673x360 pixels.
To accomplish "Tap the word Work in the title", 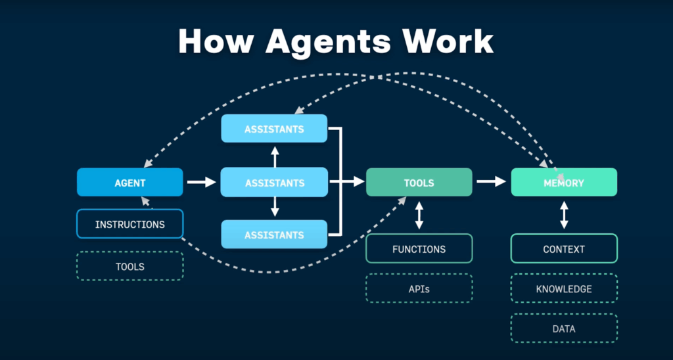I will click(x=448, y=41).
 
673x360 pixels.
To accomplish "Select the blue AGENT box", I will click(x=130, y=183).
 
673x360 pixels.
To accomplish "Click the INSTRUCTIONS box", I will click(x=130, y=224).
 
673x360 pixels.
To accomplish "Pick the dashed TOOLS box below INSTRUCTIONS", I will click(x=130, y=266).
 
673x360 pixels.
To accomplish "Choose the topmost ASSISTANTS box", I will click(x=274, y=129).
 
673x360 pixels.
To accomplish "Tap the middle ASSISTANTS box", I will click(x=274, y=183).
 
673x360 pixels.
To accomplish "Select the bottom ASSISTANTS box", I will click(x=274, y=235).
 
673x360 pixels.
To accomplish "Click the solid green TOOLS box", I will click(x=419, y=183).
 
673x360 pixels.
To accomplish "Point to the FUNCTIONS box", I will click(x=419, y=249).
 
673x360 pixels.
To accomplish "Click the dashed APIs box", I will click(x=419, y=288).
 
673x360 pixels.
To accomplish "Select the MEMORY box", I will click(x=564, y=183).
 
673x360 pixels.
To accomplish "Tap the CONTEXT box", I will click(x=564, y=249).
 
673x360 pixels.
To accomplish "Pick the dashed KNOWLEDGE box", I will click(x=564, y=288).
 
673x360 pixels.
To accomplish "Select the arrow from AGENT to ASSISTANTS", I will click(x=201, y=182).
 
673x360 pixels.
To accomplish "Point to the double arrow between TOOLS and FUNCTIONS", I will click(x=419, y=215).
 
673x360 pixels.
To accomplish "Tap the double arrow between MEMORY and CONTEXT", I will click(x=564, y=215).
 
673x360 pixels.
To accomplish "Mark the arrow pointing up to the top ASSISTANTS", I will click(x=275, y=156).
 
